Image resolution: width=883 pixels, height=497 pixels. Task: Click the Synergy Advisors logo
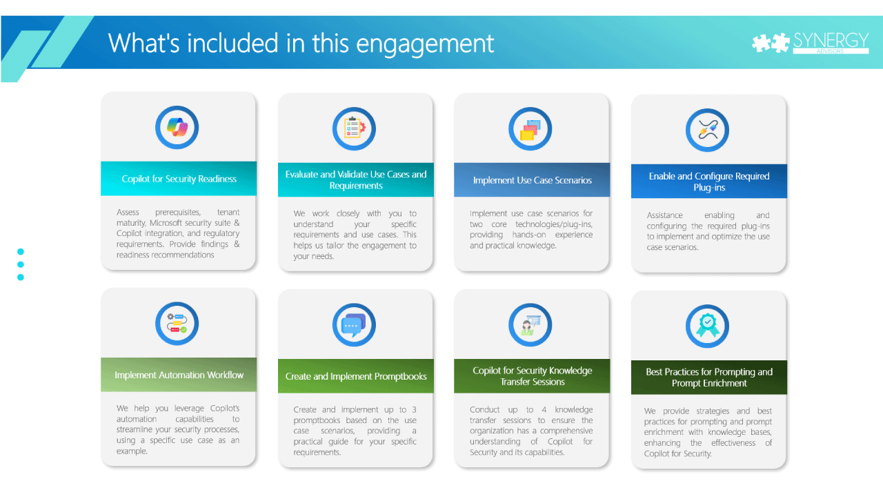point(810,43)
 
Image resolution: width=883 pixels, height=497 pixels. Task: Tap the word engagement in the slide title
point(425,44)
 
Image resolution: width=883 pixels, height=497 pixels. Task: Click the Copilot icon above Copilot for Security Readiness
point(177,128)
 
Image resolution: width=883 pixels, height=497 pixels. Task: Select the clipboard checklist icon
point(354,128)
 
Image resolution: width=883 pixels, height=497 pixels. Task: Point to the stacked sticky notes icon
point(530,129)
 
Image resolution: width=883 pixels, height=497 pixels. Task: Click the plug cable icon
point(708,130)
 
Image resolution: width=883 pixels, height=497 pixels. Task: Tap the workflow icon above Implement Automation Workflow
point(177,324)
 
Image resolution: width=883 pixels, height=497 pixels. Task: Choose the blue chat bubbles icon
point(354,324)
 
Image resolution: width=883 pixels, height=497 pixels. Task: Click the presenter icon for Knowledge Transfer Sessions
point(530,325)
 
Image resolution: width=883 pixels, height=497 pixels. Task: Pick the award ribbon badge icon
point(708,327)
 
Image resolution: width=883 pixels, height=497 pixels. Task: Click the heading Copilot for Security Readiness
point(179,179)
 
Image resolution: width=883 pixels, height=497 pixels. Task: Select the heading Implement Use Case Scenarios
point(533,180)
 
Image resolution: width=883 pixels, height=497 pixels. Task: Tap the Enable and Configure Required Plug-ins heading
point(709,182)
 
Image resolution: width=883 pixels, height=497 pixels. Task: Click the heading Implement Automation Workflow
point(179,375)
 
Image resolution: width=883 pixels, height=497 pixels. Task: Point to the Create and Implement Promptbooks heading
point(356,376)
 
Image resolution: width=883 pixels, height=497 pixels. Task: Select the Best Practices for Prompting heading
point(709,378)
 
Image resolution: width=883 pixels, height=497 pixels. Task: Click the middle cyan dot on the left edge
point(21,264)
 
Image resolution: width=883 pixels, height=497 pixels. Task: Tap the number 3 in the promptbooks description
point(415,409)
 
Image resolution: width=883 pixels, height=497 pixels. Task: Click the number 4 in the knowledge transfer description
point(544,409)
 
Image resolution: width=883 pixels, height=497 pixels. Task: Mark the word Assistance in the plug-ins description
point(664,215)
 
